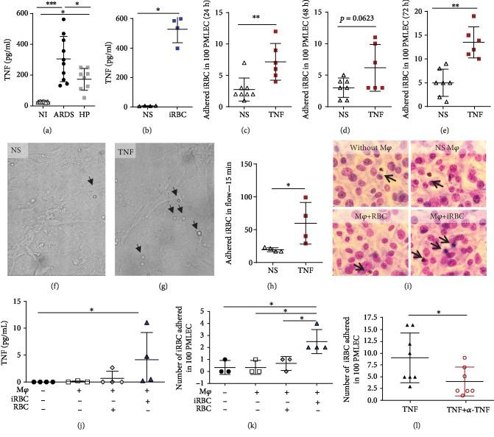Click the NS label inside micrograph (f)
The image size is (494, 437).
[x=16, y=159]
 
